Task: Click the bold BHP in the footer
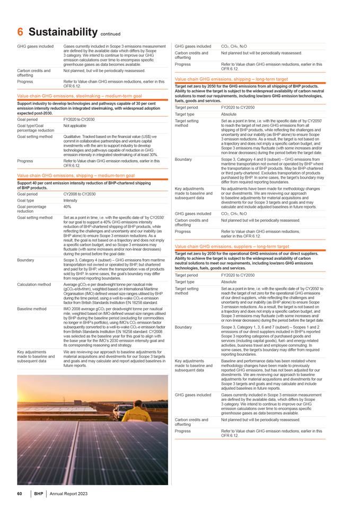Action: [39, 494]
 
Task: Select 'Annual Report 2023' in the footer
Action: [68, 494]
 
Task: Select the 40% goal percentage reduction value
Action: [67, 207]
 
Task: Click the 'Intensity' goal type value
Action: [72, 201]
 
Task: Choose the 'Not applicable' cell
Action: [76, 126]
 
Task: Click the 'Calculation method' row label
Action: [35, 284]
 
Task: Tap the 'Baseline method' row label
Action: [33, 308]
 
